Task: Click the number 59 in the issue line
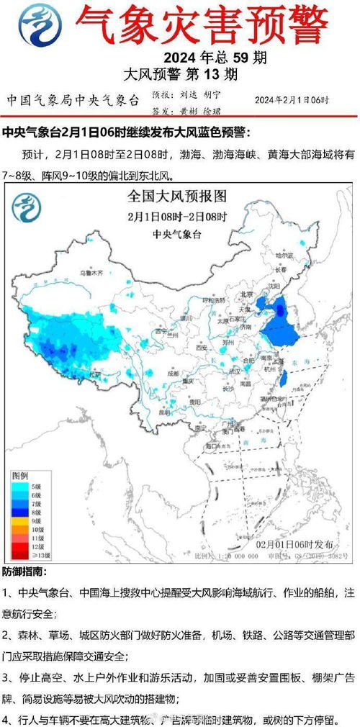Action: pos(226,58)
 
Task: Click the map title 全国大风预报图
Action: pos(177,196)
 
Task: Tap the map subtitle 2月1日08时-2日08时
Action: pos(177,216)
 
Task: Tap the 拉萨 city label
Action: pos(93,374)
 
